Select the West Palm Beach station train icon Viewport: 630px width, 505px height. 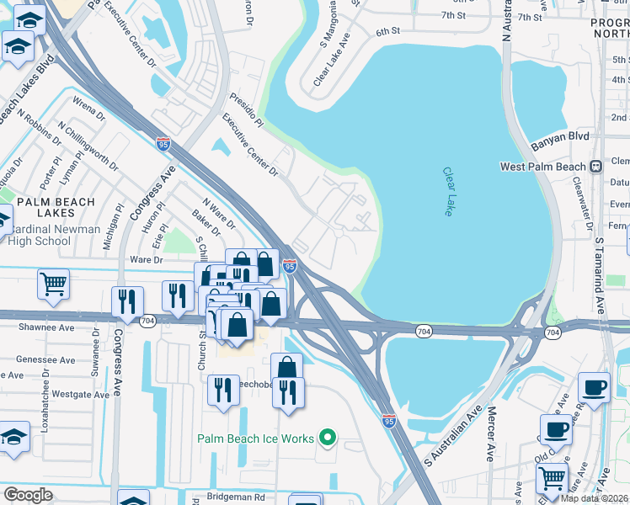(595, 167)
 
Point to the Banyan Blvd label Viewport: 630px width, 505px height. (559, 139)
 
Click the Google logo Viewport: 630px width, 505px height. (28, 494)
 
